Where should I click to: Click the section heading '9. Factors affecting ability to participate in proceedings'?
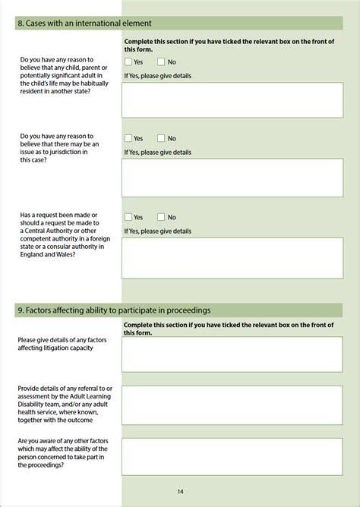[113, 310]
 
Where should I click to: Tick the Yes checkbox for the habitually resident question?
[128, 61]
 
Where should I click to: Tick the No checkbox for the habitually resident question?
[161, 61]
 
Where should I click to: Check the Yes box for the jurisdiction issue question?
[128, 138]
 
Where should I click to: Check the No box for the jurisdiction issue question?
[161, 138]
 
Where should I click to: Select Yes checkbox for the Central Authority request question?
[128, 217]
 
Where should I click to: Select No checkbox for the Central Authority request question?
[161, 217]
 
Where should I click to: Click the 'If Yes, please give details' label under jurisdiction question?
[157, 152]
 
